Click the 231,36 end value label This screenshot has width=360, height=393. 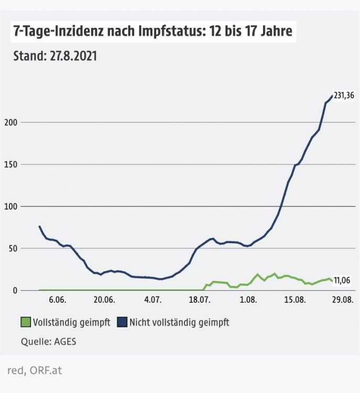(x=344, y=96)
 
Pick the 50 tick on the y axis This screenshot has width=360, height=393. (x=11, y=248)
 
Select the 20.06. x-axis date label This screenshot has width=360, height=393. (x=105, y=301)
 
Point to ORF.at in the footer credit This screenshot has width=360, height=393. (x=46, y=370)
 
